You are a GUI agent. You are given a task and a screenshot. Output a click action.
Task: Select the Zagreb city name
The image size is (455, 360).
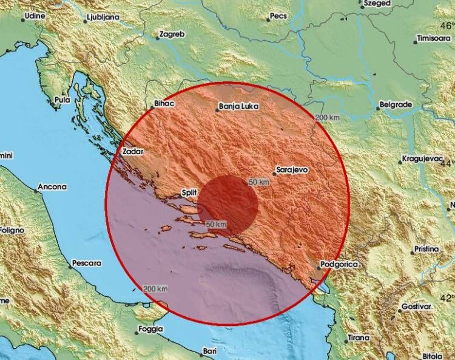pos(171,35)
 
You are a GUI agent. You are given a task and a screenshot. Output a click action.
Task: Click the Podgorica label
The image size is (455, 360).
pos(341,265)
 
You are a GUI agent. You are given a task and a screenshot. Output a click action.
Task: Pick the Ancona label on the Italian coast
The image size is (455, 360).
pos(53,187)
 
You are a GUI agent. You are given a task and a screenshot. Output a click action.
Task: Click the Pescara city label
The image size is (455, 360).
pos(86,263)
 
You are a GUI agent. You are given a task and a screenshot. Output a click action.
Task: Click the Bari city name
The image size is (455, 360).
pos(211,351)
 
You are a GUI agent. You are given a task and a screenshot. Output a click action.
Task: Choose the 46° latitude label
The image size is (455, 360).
pos(447,25)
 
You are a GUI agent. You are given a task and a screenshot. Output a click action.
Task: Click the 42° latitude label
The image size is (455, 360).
pos(447,297)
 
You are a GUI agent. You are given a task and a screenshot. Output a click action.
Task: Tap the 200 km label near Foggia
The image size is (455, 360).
pos(156,288)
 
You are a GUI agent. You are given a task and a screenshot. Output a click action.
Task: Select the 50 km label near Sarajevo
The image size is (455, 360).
pos(258,182)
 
